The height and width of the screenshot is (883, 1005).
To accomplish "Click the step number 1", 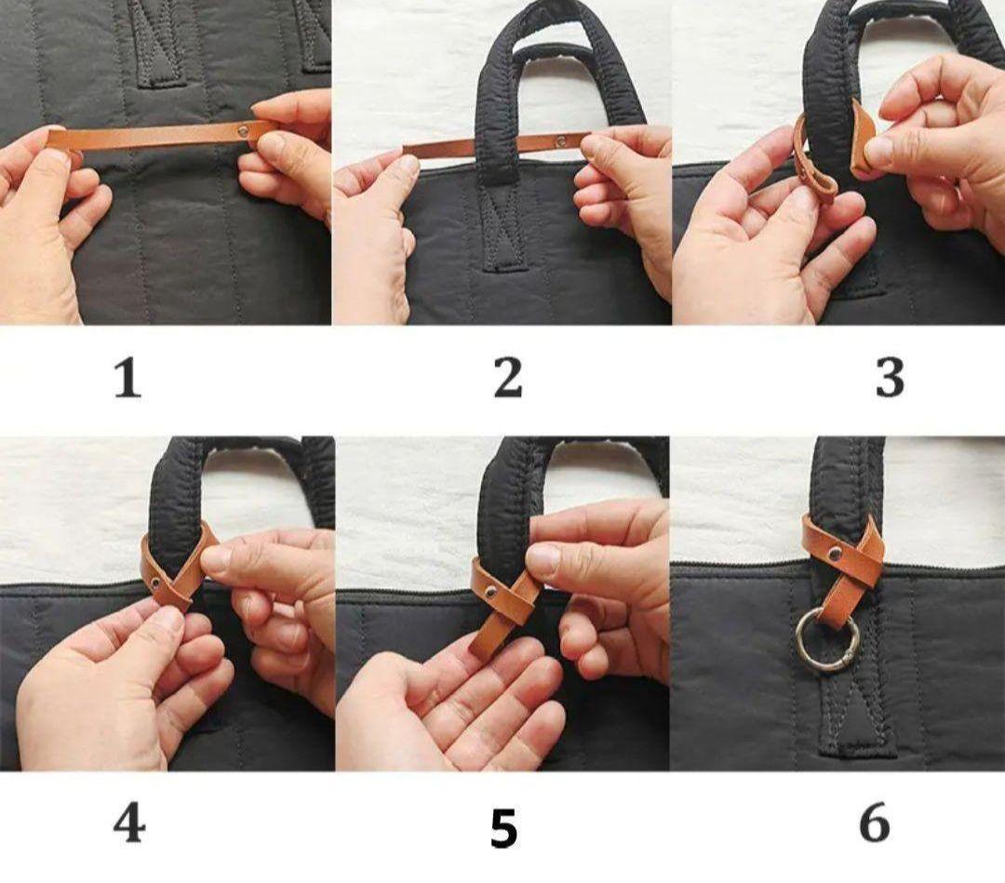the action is point(127,378).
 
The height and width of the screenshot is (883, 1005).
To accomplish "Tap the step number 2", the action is point(508,378).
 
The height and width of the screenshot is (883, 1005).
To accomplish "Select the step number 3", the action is point(890,378).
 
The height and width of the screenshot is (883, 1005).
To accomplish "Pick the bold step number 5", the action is point(503,828).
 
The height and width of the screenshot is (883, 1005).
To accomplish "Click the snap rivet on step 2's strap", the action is point(561,141).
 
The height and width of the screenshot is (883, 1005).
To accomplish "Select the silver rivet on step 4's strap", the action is point(155,582).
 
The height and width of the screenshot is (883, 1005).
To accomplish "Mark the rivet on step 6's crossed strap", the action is point(834,552).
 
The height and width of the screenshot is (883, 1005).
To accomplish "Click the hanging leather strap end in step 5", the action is point(490,631).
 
